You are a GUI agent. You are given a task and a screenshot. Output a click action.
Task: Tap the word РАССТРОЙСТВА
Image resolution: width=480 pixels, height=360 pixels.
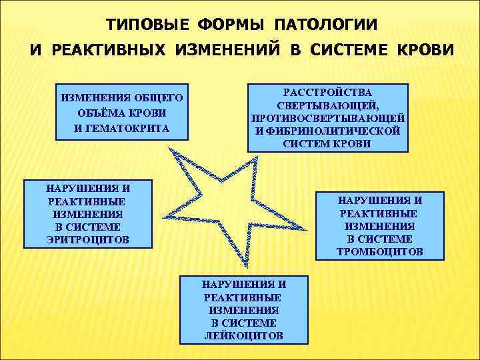pos(328,92)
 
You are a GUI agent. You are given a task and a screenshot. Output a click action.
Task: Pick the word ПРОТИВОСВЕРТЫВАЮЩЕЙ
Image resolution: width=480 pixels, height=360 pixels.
pos(328,118)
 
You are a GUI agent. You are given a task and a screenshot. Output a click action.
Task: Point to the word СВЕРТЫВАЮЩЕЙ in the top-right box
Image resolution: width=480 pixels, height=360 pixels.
pos(328,105)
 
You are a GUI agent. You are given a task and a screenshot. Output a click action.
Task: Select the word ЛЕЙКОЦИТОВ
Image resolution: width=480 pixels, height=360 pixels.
pos(243,335)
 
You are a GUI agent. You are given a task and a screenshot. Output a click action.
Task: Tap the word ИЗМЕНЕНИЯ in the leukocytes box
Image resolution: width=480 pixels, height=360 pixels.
pos(243,310)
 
